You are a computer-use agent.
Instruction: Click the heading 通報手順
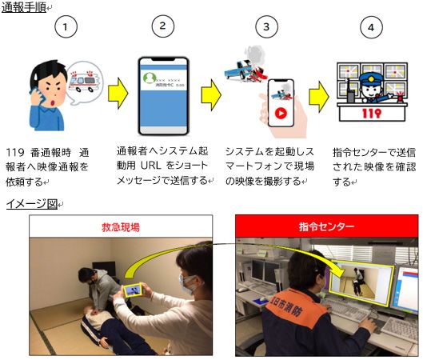(x=23, y=8)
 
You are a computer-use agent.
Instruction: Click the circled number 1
(x=69, y=27)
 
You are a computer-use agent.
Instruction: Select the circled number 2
(x=162, y=26)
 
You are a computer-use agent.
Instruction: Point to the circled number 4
(x=369, y=27)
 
